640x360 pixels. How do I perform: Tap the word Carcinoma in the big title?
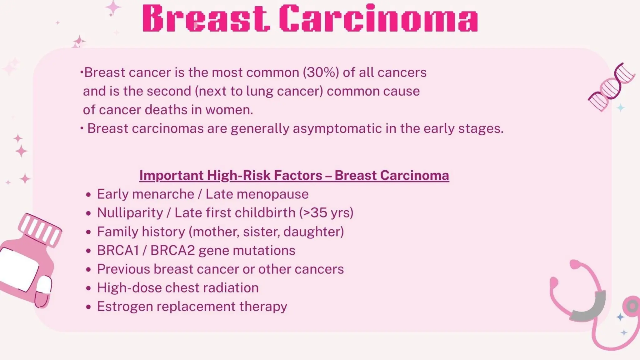378,19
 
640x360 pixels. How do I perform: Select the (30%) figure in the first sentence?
321,72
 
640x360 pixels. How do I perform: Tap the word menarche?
163,194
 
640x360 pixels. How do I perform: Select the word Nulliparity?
130,213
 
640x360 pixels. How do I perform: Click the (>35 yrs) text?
326,213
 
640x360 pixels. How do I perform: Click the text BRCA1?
118,250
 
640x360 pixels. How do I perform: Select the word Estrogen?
125,307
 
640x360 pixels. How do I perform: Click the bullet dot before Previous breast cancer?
89,269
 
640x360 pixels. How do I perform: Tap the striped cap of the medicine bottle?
40,230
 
